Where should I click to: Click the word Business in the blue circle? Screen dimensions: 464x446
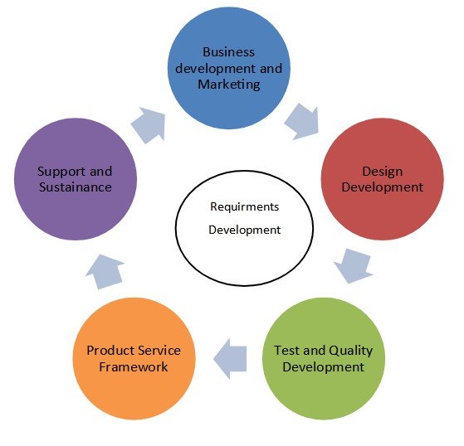tap(228, 52)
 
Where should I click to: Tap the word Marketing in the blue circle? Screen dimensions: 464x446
tap(229, 85)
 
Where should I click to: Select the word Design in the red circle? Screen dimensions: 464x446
tap(383, 172)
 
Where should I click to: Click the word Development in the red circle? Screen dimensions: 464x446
tap(383, 187)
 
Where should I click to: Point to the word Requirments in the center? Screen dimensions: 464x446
tap(244, 207)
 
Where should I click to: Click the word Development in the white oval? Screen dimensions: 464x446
tap(244, 230)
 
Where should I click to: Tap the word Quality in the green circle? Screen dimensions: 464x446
tap(350, 351)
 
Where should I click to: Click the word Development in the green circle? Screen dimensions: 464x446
tap(324, 367)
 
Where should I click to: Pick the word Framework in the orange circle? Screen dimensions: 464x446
tap(134, 367)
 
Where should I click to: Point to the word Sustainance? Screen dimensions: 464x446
tap(76, 187)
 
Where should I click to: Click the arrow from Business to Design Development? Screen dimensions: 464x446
tap(303, 122)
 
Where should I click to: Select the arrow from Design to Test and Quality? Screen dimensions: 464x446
tap(354, 266)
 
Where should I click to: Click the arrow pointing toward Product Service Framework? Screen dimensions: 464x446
tap(230, 359)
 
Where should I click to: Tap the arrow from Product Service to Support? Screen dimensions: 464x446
tap(105, 271)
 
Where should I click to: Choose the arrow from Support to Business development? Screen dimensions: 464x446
tap(149, 125)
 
